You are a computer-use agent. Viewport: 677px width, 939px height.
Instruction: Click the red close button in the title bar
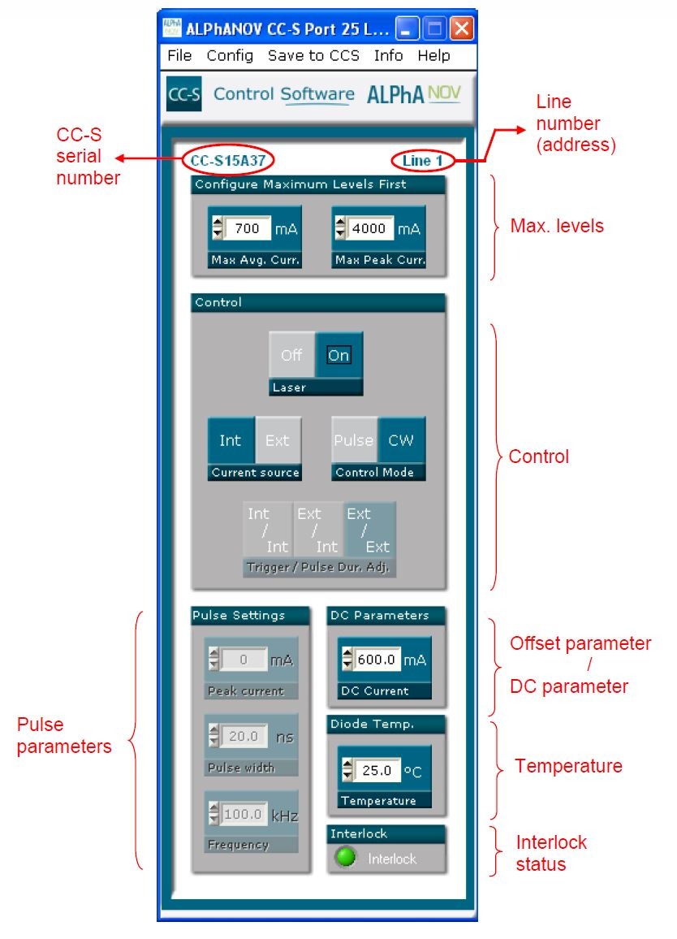pos(462,30)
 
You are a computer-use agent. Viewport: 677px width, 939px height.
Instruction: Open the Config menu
pos(230,56)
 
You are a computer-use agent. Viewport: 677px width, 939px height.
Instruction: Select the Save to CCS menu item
pos(313,56)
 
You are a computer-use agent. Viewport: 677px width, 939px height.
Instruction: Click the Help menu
pos(433,56)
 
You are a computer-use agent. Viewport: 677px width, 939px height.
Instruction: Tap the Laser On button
pos(338,355)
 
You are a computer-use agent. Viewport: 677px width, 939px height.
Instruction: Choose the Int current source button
pos(231,440)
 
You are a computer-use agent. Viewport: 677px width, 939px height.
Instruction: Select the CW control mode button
pos(401,440)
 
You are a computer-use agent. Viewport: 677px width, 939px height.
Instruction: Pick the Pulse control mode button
pos(354,440)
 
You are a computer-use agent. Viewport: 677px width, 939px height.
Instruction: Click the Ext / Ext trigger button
pos(369,530)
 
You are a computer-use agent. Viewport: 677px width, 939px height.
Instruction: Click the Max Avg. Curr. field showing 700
pos(248,229)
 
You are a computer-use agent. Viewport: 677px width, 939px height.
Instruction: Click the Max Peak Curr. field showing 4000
pos(370,229)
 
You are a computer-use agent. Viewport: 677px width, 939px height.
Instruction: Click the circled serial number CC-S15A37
pos(228,160)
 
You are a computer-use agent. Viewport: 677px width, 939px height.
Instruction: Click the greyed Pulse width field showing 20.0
pos(244,737)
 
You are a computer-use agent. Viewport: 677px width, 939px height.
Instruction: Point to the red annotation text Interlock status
pos(551,853)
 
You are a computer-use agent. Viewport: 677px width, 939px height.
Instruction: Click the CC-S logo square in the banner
pos(183,94)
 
